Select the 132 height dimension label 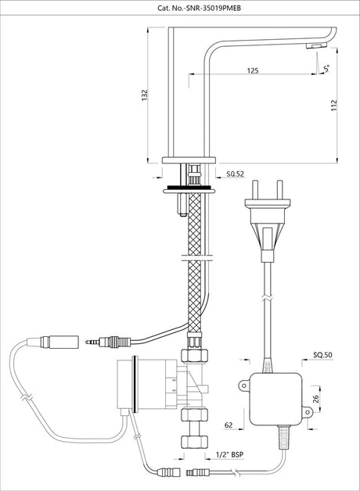pos(145,95)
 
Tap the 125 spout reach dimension pos(253,70)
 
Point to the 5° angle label pos(326,69)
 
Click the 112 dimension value pos(333,106)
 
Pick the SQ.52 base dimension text pos(235,174)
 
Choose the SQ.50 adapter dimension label pos(322,355)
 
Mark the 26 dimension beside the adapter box pos(316,399)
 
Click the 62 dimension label pos(229,425)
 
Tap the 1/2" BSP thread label pos(229,455)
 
